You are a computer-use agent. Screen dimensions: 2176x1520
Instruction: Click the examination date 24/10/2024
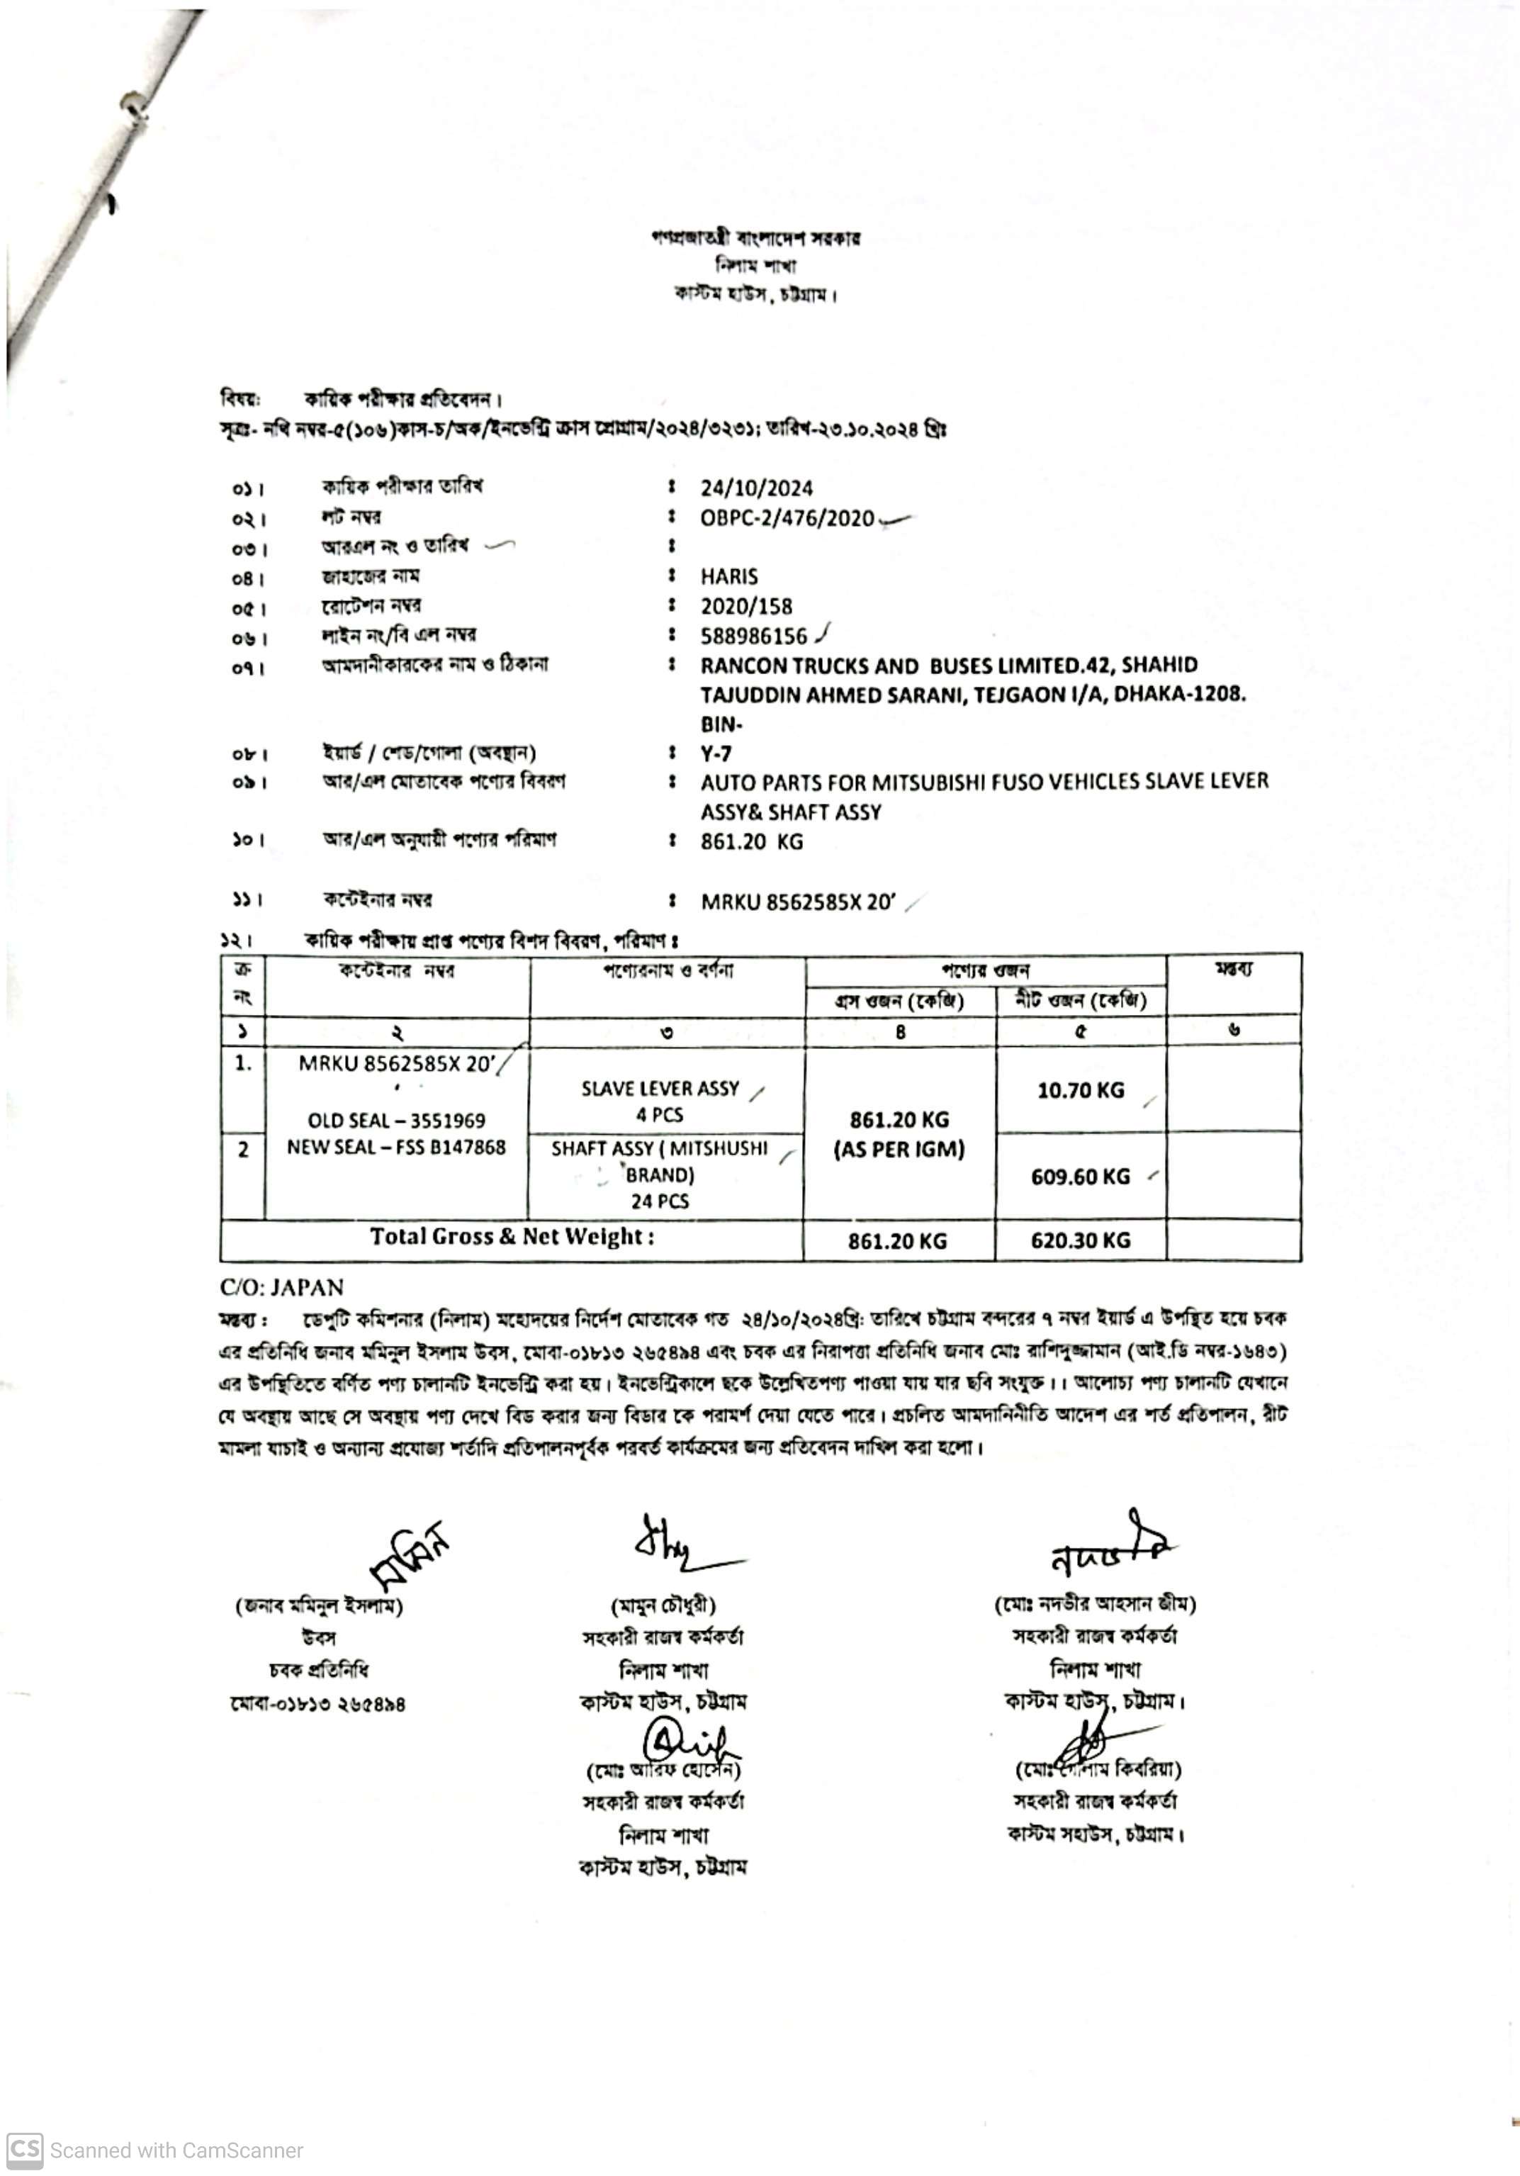756,488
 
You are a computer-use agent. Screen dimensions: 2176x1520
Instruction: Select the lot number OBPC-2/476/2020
787,518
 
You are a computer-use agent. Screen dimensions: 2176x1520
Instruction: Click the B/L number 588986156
753,636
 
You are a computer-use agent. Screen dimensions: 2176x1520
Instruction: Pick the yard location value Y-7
716,754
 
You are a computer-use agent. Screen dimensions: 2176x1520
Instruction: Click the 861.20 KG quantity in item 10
750,841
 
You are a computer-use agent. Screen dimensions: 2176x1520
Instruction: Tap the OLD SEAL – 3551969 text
396,1120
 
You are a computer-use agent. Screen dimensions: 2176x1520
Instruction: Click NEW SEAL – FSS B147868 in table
396,1147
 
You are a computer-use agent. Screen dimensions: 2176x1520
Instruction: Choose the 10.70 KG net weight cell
1081,1090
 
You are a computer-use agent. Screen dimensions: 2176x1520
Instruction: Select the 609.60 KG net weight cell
1081,1176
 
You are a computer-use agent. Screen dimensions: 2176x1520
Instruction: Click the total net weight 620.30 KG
1081,1240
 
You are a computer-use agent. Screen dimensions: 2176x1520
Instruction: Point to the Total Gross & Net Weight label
512,1237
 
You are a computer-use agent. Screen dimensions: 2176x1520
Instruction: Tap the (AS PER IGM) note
899,1150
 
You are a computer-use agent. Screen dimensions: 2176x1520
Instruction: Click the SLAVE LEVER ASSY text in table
660,1088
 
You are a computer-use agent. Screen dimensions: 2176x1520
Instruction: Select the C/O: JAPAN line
281,1287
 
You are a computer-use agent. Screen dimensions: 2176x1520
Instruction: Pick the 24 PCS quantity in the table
660,1201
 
